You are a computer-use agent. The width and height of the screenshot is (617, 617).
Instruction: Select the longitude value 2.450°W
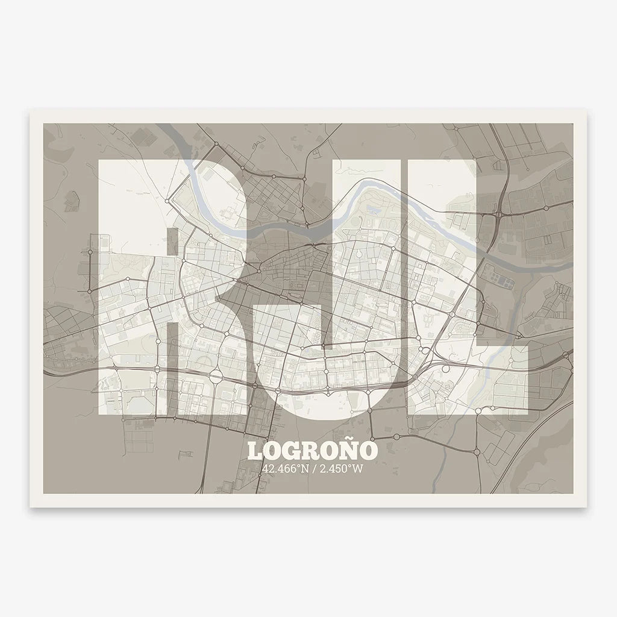[x=340, y=469]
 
